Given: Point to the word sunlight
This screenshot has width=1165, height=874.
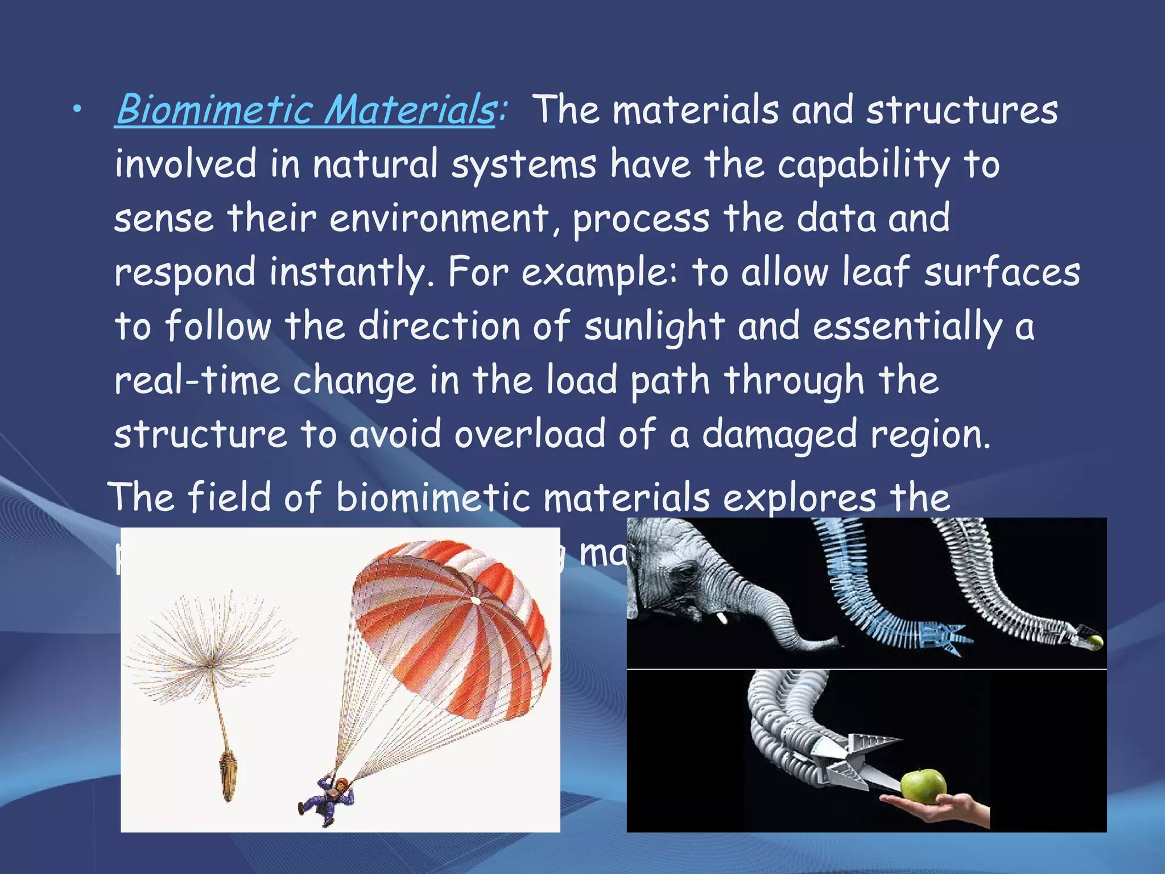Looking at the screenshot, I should click(654, 327).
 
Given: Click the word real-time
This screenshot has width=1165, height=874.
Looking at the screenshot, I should click(197, 381).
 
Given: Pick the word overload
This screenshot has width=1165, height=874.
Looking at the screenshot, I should click(529, 434).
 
